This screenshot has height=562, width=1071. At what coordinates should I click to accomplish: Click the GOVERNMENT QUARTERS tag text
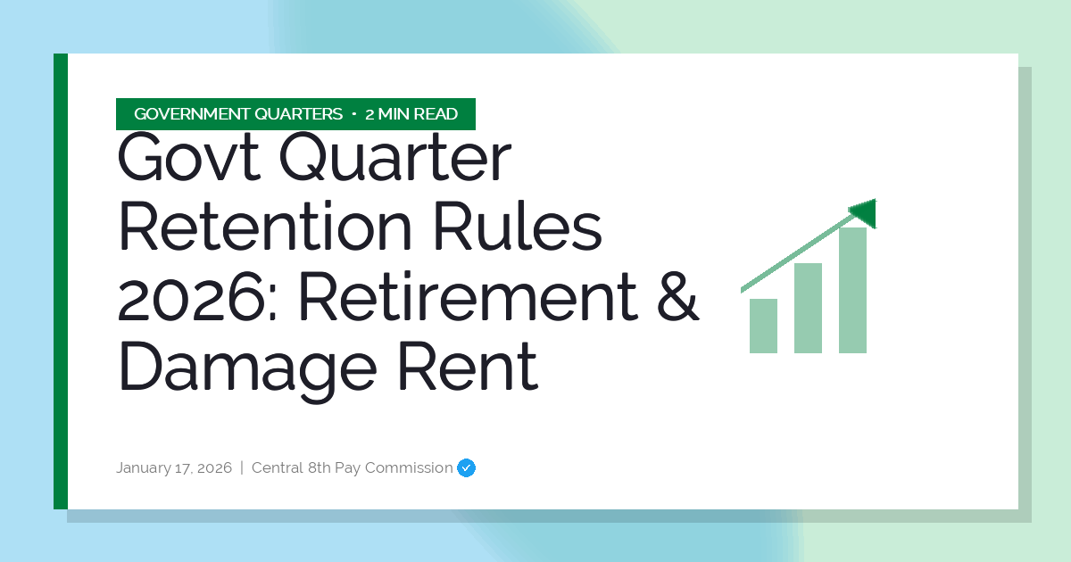[238, 114]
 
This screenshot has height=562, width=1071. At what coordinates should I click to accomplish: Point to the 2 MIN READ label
[411, 114]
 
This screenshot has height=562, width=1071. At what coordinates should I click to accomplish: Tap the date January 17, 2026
[174, 467]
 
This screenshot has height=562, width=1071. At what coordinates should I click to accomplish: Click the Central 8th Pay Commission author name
[352, 467]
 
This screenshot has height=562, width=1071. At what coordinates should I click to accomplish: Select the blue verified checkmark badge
[466, 467]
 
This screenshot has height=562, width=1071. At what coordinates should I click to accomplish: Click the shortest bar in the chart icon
[763, 326]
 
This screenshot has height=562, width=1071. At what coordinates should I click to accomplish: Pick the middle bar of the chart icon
[808, 308]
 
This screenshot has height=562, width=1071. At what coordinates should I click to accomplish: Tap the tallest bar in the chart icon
[852, 290]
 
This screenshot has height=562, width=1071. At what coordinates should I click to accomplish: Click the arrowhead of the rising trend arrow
[865, 212]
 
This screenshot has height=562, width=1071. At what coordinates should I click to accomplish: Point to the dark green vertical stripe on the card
[61, 281]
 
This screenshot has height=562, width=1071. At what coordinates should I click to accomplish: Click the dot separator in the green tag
[354, 114]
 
